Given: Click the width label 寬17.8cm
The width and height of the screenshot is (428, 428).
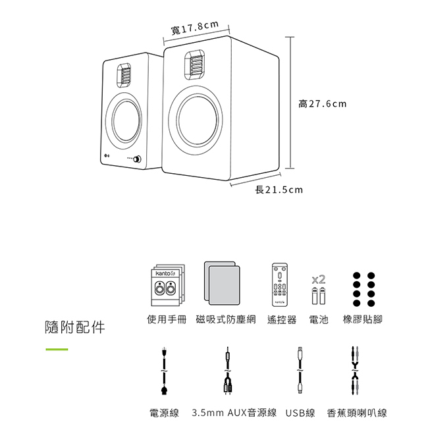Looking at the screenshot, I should (x=194, y=28).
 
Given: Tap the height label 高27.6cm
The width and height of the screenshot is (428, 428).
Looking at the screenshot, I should (x=322, y=104).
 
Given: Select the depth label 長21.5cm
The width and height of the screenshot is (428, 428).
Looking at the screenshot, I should (x=279, y=190).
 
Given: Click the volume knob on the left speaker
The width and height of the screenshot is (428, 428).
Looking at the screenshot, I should (x=139, y=159).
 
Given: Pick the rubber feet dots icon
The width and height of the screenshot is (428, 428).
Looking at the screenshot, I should (x=363, y=288).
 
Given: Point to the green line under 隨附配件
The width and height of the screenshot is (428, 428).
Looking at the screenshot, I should (x=57, y=349).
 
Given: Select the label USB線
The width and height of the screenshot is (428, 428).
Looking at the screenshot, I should (x=300, y=414).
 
